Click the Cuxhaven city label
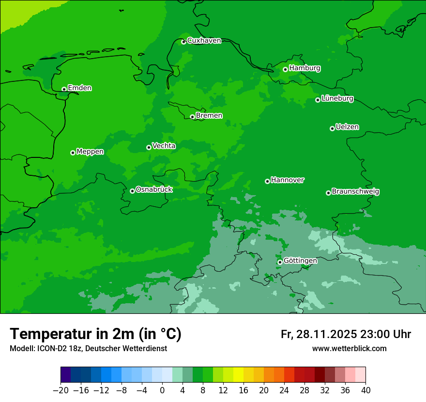(x=204, y=41)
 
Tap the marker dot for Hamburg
(x=285, y=69)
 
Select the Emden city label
(x=79, y=88)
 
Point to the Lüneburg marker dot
(x=318, y=100)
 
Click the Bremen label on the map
(x=209, y=115)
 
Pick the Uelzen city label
(x=347, y=127)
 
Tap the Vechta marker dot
(x=149, y=147)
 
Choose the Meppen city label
(x=90, y=152)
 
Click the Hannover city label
(x=287, y=180)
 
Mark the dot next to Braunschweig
(x=328, y=193)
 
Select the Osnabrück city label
(x=154, y=189)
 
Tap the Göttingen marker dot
(x=280, y=262)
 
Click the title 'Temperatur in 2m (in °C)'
(x=95, y=334)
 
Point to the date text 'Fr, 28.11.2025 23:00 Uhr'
(x=346, y=334)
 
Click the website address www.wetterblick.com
(x=349, y=348)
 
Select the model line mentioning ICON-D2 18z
(x=88, y=348)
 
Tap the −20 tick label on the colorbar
(x=61, y=390)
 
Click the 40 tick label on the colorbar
(x=365, y=390)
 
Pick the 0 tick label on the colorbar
(x=162, y=390)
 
